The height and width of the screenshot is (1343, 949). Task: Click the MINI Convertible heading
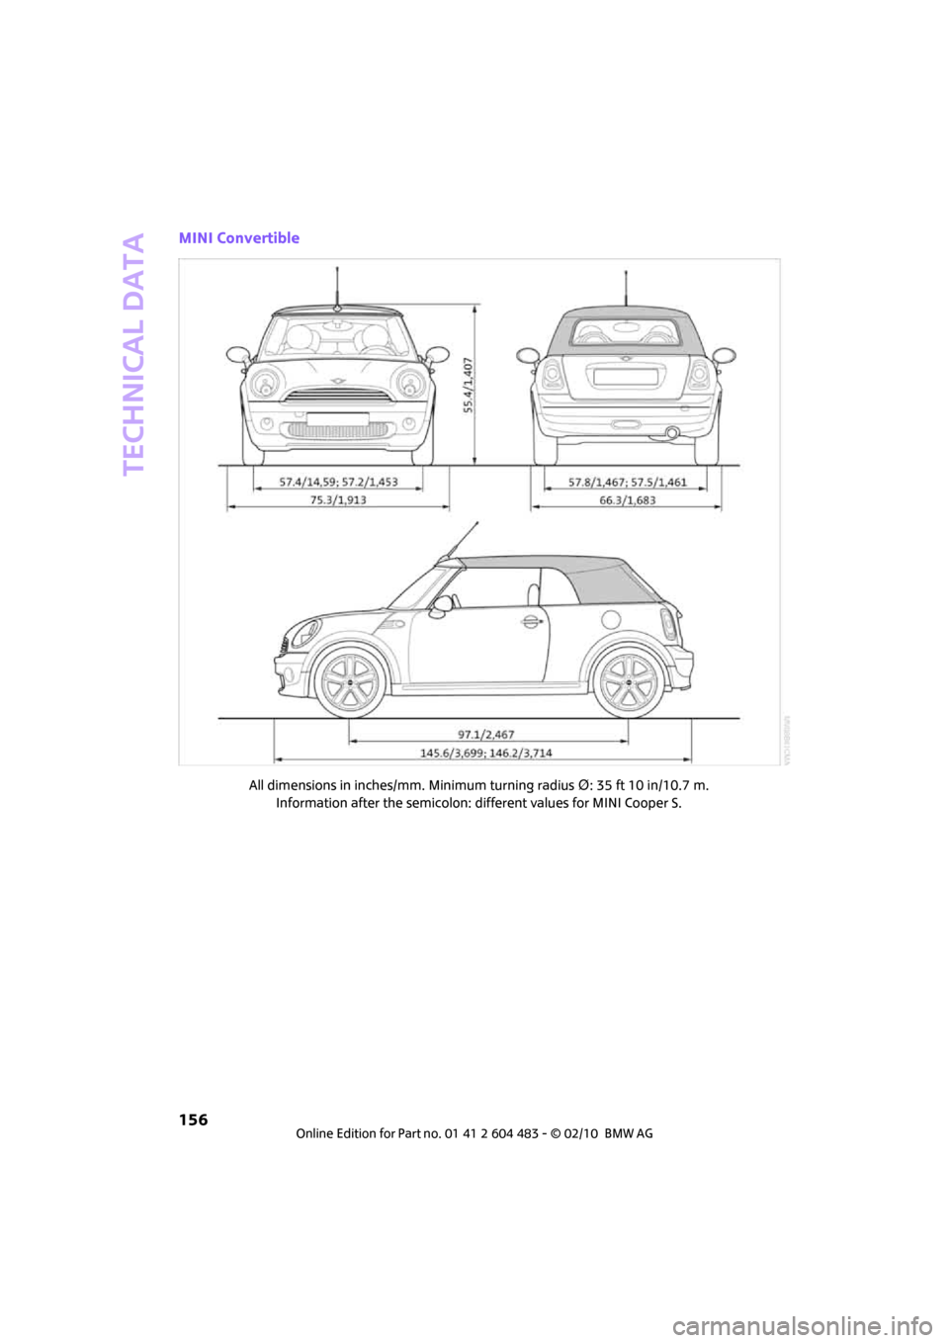[239, 238]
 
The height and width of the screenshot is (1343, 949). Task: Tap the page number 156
[194, 1119]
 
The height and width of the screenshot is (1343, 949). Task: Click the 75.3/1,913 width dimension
[338, 500]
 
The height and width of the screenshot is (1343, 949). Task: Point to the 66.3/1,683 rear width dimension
[627, 500]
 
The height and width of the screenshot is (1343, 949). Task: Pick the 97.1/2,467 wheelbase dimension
[486, 735]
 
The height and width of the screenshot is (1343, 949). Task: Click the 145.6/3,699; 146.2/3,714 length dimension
[486, 754]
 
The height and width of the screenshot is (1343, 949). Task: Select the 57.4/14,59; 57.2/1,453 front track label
[338, 483]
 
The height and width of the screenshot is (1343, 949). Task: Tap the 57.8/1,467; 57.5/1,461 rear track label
[627, 483]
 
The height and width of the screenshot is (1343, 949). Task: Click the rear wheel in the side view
[627, 682]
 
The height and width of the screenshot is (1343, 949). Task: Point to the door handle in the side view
[532, 621]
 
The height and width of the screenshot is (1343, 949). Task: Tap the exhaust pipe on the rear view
[672, 432]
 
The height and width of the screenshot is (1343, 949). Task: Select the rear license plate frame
[625, 376]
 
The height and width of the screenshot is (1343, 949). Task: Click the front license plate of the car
[337, 419]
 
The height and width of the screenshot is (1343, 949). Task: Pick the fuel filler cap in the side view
[610, 620]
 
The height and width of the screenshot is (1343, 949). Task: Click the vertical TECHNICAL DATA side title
[134, 353]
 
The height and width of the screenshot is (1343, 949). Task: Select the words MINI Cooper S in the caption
[637, 803]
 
